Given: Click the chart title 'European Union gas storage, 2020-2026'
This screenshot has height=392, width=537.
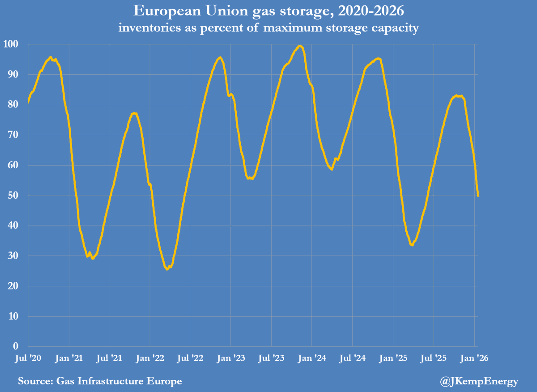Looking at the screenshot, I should pos(268,11).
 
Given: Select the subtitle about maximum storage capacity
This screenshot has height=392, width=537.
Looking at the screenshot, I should pos(268,28).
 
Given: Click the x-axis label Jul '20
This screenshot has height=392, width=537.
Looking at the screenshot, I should pos(28,358).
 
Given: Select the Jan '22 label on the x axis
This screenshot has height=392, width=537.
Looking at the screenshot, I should pos(150,358).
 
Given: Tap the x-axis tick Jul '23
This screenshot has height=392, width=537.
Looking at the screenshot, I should pos(271,358).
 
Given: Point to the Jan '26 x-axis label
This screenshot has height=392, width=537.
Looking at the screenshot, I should pos(475,358).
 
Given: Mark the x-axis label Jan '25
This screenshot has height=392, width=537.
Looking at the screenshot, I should pos(393,358).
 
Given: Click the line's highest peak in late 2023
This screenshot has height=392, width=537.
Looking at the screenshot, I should pos(300,46).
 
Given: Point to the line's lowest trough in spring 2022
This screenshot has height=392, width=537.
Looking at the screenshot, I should pos(167,269).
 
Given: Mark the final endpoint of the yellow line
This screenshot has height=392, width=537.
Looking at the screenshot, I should pos(478,196).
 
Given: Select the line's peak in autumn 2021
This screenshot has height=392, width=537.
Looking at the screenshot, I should pos(134,113).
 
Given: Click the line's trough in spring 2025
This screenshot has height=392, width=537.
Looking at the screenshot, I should pos(412,245).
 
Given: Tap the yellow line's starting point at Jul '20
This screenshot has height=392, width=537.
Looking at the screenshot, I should pos(28,102).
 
